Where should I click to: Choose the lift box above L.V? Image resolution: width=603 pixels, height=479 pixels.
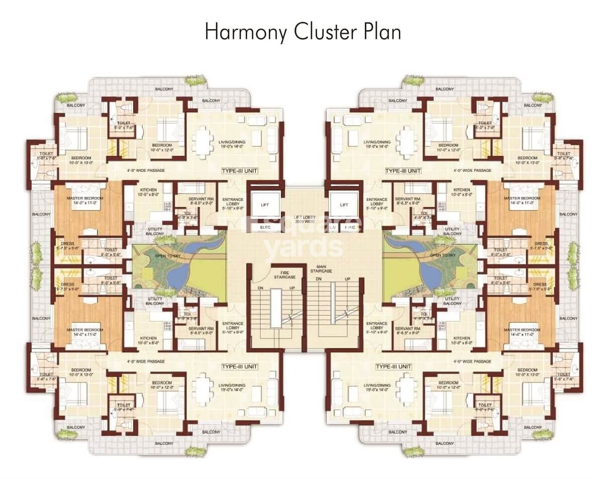344,205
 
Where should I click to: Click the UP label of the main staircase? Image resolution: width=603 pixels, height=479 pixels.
347,279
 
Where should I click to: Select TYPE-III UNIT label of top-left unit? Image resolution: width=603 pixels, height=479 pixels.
240,171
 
